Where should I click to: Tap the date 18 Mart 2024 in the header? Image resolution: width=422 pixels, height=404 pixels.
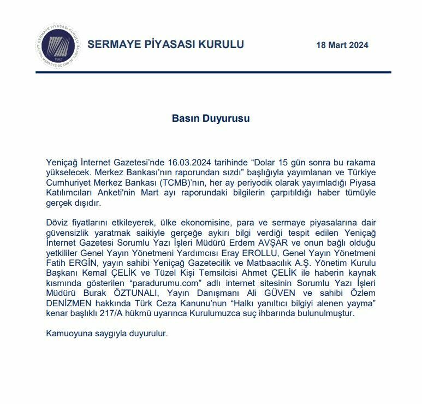(342, 45)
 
